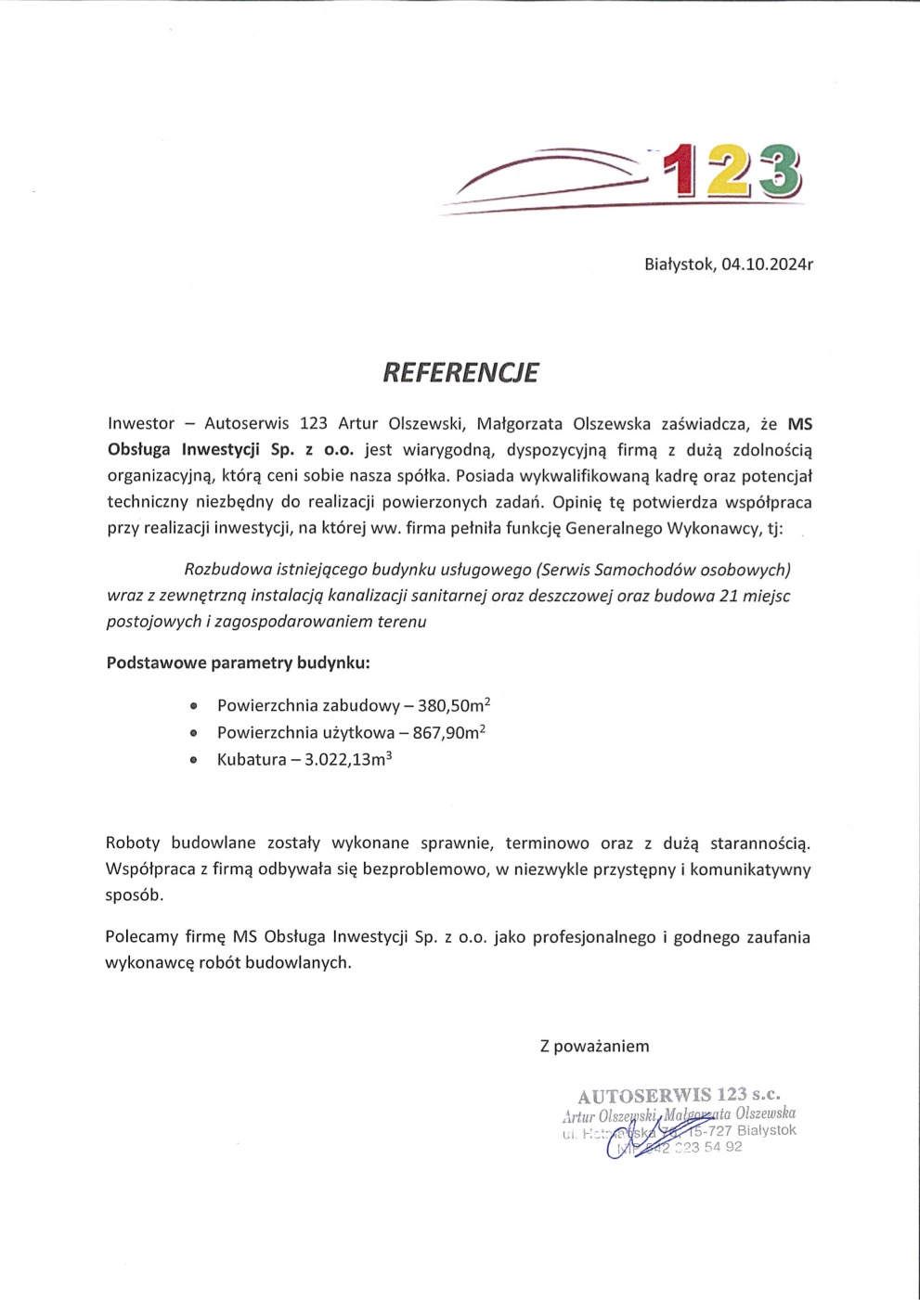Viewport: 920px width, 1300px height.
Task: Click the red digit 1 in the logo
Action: pyautogui.click(x=682, y=171)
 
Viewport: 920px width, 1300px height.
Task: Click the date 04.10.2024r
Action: pyautogui.click(x=767, y=264)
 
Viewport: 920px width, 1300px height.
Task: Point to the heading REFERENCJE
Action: pyautogui.click(x=460, y=373)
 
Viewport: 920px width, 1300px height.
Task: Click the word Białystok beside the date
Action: pyautogui.click(x=679, y=264)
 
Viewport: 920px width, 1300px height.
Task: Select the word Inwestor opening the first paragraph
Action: pyautogui.click(x=141, y=424)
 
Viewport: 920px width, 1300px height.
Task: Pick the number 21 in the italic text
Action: pyautogui.click(x=729, y=596)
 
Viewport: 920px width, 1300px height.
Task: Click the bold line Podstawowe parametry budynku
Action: pyautogui.click(x=239, y=663)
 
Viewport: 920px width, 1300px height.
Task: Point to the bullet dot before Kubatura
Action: pyautogui.click(x=193, y=760)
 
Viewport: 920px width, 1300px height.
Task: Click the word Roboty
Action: pyautogui.click(x=133, y=843)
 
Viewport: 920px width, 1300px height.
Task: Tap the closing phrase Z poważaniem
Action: pyautogui.click(x=595, y=1047)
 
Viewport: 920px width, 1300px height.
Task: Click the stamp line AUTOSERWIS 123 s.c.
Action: pyautogui.click(x=679, y=1096)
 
